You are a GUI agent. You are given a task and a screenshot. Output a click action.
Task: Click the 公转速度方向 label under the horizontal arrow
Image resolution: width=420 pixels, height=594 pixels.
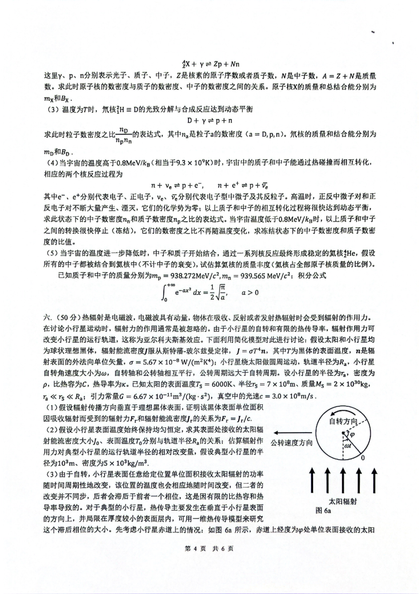[292, 443]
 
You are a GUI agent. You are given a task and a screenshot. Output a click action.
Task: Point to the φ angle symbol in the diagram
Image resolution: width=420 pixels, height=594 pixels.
[353, 434]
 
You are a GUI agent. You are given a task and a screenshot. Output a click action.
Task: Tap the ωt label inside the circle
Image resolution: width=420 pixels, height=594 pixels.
[348, 445]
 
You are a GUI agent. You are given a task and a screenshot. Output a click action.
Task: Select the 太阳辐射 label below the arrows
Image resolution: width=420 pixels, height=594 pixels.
[343, 501]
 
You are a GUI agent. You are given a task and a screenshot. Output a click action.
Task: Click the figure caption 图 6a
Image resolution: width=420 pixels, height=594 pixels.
[323, 510]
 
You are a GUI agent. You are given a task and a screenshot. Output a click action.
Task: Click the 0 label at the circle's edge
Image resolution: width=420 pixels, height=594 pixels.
[362, 458]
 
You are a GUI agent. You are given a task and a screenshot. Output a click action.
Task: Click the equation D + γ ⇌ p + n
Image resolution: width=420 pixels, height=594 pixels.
[210, 121]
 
